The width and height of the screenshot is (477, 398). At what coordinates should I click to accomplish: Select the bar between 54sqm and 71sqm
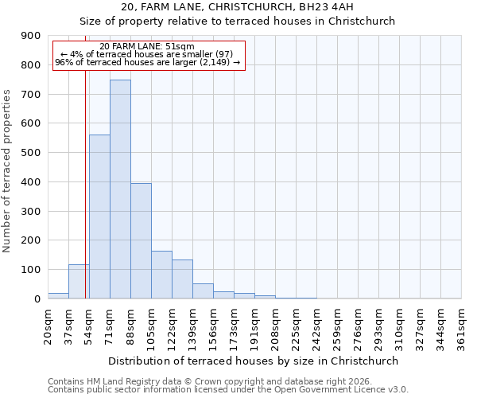pos(99,217)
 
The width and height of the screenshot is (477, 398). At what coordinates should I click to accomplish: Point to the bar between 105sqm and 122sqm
pos(161,275)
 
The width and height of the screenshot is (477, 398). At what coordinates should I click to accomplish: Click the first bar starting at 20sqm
pos(58,295)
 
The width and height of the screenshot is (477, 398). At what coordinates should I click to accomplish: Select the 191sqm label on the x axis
pos(254,326)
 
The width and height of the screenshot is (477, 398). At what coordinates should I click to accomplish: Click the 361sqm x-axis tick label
pos(461,326)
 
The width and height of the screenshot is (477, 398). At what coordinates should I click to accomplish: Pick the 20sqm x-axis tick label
pos(48,325)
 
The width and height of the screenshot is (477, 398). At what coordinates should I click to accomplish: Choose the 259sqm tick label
pos(337,326)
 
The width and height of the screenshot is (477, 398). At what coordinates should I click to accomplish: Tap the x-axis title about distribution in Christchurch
pos(254,361)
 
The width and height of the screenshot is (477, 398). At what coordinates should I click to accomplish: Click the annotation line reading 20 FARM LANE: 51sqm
pos(147,46)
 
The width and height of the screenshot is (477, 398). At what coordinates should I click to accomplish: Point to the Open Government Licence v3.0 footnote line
pos(228,390)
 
